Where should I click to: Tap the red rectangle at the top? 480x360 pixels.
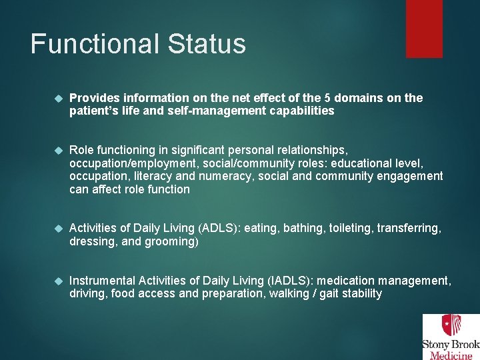[424, 28]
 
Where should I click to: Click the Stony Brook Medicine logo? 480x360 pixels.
[450, 337]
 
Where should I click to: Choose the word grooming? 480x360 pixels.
[171, 241]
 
